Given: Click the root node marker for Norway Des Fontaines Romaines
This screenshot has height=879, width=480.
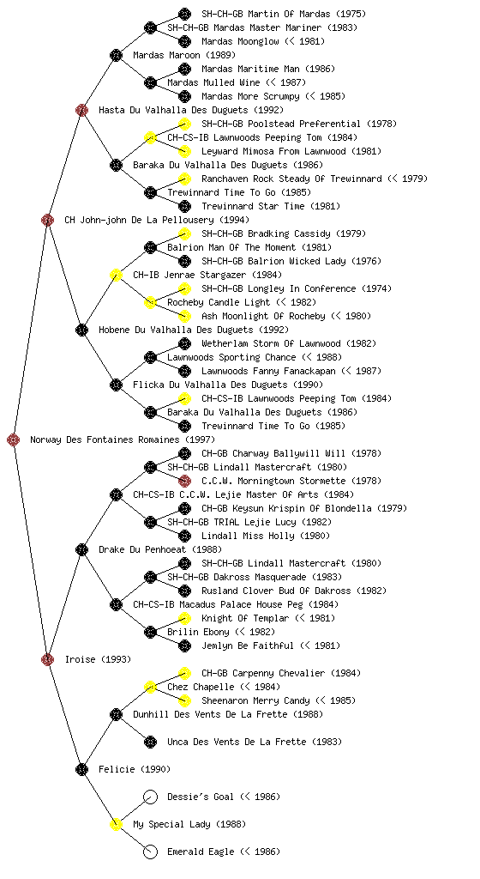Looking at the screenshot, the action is tap(14, 439).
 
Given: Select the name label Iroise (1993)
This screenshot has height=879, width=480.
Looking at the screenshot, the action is tap(98, 659).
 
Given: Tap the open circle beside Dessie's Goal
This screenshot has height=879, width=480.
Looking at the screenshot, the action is tap(150, 797).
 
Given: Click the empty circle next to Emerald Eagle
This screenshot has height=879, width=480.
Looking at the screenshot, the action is tap(150, 852).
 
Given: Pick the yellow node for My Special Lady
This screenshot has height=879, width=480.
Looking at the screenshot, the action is tap(116, 824).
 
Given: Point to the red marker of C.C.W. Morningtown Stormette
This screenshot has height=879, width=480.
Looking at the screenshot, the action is tap(184, 481).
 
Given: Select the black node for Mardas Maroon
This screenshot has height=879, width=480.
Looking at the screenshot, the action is tap(116, 55).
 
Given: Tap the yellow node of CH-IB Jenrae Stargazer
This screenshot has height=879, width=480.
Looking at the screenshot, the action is tap(116, 275).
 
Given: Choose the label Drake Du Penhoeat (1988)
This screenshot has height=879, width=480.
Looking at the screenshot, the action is tap(160, 549).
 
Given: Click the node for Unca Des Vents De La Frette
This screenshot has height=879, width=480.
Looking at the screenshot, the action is tap(150, 742).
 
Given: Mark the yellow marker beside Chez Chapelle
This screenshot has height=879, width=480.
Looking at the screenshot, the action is tap(150, 687).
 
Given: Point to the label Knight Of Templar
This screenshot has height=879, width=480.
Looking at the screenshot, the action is tap(245, 618).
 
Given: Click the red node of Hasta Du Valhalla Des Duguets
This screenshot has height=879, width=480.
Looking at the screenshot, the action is tap(81, 110).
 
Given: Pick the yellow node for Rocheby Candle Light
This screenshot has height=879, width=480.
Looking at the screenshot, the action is tap(150, 302).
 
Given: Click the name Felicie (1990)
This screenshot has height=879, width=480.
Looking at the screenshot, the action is tap(135, 769).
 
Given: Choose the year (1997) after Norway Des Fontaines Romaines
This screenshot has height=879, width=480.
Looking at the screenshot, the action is tap(200, 439).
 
